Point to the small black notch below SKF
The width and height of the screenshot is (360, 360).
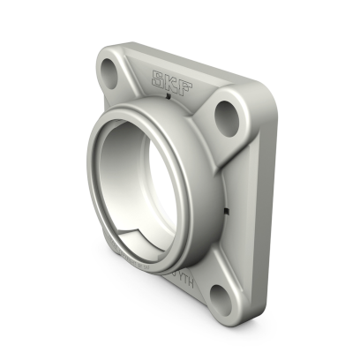click(x=172, y=99)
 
